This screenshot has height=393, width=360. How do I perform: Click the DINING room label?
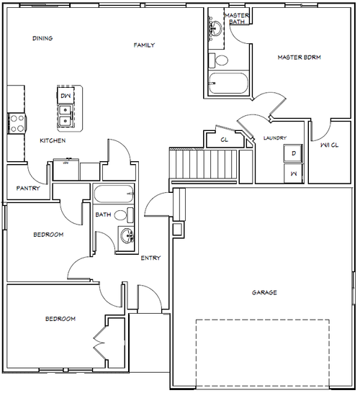point(42,38)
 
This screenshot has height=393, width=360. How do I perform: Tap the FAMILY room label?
point(144,45)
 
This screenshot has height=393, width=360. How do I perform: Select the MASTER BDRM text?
point(299,57)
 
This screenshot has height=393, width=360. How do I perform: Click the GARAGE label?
point(264,292)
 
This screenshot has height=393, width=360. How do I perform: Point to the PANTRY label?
point(28,188)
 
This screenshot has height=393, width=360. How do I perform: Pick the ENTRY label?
point(150,258)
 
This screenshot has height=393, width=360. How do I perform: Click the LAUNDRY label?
point(275,138)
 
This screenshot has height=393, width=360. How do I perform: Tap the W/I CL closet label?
point(330,145)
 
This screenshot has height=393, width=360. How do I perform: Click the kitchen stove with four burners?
point(17,123)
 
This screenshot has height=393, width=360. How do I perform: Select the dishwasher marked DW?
point(66,95)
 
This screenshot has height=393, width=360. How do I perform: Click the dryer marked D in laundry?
point(293,153)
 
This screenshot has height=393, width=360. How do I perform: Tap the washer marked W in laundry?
point(293,173)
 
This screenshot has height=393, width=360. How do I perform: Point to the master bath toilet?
point(218,60)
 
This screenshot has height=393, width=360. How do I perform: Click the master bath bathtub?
point(229,83)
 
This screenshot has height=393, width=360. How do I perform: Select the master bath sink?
point(215,28)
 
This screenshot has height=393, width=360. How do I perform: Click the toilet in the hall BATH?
point(124,215)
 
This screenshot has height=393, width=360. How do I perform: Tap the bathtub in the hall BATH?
point(113,194)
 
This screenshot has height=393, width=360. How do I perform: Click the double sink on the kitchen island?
point(66,117)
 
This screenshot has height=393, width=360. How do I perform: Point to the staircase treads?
point(203,164)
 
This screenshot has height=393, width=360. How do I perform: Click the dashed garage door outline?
point(262,320)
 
